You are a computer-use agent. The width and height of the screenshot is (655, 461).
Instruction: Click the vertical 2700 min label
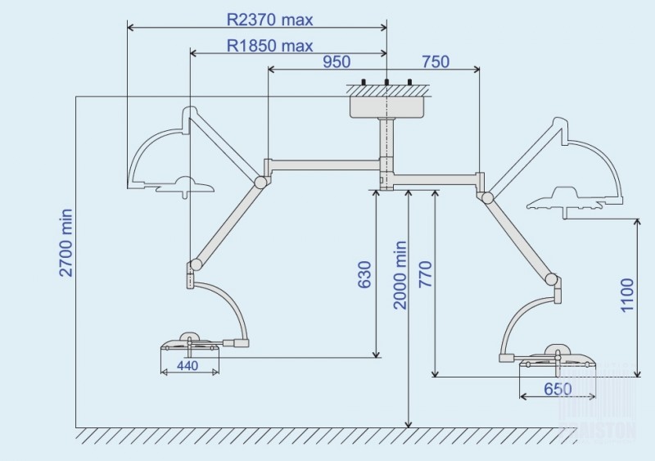click(67, 243)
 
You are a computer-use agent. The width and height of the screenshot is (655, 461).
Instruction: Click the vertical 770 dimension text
click(423, 283)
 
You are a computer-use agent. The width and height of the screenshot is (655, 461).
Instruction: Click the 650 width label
click(557, 390)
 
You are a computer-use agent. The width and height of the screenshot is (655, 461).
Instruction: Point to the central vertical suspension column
click(386, 147)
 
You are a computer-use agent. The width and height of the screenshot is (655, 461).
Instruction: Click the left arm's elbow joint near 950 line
click(262, 181)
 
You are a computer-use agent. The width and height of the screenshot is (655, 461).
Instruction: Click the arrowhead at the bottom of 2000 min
click(408, 423)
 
